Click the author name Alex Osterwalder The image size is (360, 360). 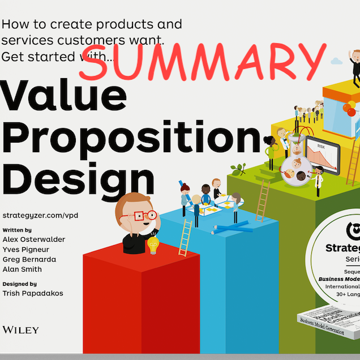pyautogui.click(x=33, y=239)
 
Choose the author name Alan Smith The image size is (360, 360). pyautogui.click(x=22, y=269)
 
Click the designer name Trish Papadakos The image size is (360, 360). pyautogui.click(x=33, y=294)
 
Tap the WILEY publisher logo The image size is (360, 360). pyautogui.click(x=20, y=330)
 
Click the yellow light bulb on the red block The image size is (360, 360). pyautogui.click(x=153, y=245)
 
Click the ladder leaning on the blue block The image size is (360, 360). pyautogui.click(x=185, y=238)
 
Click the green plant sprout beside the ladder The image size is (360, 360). pyautogui.click(x=238, y=169)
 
